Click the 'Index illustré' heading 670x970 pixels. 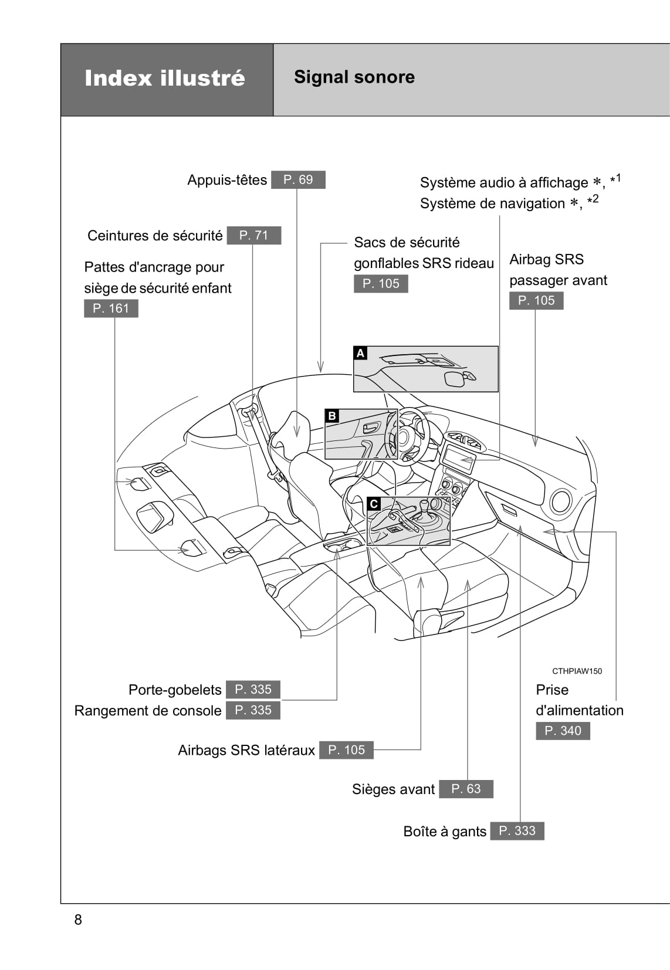click(165, 78)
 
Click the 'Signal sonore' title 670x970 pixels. click(354, 77)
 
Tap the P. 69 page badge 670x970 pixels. click(298, 179)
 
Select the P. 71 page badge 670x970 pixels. click(253, 235)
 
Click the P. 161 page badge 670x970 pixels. click(111, 308)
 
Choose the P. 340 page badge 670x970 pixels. click(563, 731)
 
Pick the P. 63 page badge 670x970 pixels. click(466, 789)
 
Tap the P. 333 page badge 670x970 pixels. click(517, 830)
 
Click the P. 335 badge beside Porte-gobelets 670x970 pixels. click(253, 689)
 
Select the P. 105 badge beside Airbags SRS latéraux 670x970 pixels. click(346, 749)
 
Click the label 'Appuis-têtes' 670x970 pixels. click(227, 180)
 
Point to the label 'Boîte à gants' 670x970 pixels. click(445, 831)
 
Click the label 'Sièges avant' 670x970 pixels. click(393, 789)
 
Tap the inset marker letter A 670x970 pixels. click(361, 353)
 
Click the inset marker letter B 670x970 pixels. click(332, 416)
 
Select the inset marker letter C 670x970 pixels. click(374, 504)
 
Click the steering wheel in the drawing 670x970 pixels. click(408, 437)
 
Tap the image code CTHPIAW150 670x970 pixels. click(577, 671)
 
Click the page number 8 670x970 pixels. click(78, 920)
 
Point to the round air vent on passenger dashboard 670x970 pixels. click(561, 502)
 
